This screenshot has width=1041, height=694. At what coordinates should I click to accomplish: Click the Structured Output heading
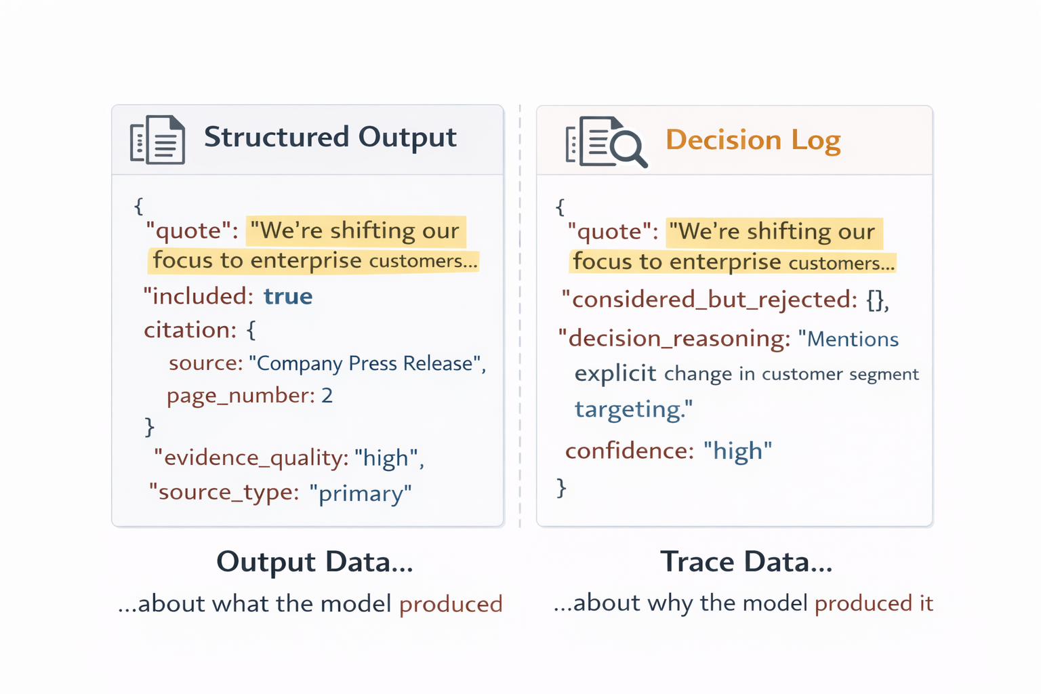[x=330, y=138]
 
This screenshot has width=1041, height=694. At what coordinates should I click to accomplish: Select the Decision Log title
[x=752, y=140]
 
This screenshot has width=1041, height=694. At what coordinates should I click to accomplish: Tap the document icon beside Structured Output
[x=158, y=140]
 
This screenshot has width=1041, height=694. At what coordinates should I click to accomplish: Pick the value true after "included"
[x=288, y=297]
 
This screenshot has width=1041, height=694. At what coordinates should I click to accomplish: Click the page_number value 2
[x=327, y=396]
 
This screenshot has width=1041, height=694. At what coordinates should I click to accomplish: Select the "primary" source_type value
[x=360, y=493]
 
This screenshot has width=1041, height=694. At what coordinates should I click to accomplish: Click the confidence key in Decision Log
[x=627, y=451]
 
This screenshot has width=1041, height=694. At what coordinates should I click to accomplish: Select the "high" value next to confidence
[x=737, y=451]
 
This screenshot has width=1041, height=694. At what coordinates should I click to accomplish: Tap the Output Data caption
[x=314, y=562]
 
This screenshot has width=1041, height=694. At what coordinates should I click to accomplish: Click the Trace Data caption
[x=746, y=562]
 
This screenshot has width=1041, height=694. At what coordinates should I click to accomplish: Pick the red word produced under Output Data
[x=451, y=604]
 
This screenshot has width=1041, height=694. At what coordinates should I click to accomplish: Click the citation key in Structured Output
[x=188, y=330]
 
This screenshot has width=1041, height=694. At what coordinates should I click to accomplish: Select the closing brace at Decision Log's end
[x=561, y=487]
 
